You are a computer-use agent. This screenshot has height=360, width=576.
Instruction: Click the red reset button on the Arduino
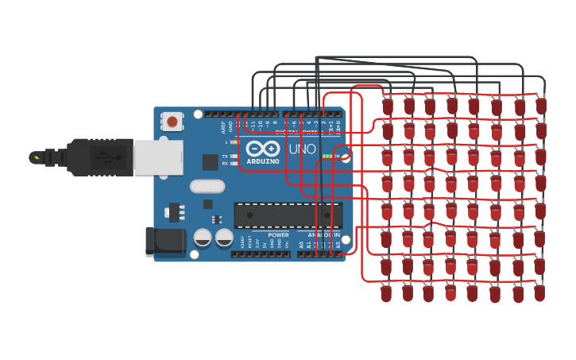[x=172, y=122]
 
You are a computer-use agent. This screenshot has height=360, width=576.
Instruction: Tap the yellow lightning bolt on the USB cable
[x=35, y=157]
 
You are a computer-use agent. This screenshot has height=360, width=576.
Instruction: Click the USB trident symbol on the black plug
[x=102, y=157]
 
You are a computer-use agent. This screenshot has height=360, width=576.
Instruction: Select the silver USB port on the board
[x=158, y=157]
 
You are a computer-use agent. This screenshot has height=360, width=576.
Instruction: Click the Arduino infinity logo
[x=263, y=148]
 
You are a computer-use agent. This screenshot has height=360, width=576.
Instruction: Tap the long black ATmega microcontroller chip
[x=288, y=215]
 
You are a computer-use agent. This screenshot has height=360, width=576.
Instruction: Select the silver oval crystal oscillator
[x=207, y=186]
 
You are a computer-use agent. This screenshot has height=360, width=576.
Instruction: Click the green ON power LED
[x=327, y=157]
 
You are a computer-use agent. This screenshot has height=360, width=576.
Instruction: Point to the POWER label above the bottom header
[x=278, y=235]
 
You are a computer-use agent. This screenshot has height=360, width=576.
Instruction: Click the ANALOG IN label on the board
[x=323, y=235]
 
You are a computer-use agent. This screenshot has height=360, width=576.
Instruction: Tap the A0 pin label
[x=301, y=245]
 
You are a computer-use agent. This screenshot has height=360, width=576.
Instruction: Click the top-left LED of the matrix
[x=388, y=106]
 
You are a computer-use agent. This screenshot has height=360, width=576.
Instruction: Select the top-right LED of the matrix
[x=541, y=105]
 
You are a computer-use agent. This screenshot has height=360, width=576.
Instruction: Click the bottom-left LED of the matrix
[x=386, y=293]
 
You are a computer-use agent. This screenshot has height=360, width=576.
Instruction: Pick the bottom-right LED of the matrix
[x=540, y=292]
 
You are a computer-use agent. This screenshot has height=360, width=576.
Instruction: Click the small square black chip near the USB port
[x=210, y=162]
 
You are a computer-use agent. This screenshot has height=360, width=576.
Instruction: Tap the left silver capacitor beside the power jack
[x=203, y=238]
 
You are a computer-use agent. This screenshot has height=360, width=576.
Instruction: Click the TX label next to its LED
[x=225, y=156]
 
